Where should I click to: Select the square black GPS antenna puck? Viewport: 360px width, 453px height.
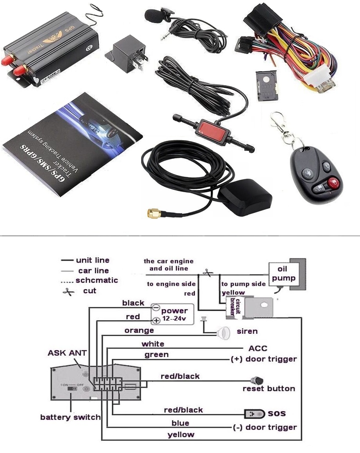245,197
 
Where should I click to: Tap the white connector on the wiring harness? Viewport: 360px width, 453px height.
319,77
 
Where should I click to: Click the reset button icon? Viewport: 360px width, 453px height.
257,380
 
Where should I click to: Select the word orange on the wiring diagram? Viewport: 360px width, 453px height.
139,331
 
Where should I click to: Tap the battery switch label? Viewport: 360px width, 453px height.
70,417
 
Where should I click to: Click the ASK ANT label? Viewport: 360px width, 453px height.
67,353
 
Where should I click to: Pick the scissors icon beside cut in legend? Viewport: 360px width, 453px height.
69,291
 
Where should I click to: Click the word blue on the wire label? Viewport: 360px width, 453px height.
180,423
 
